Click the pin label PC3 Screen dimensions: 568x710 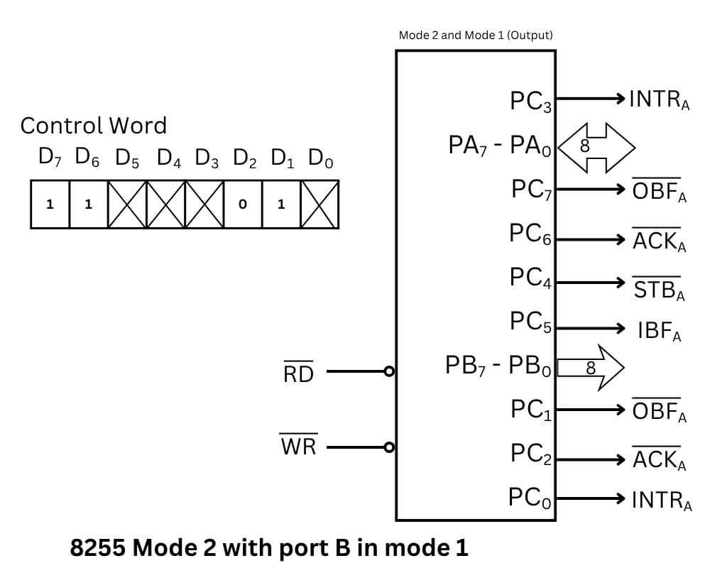pos(530,102)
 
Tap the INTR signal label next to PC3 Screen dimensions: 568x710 pos(659,100)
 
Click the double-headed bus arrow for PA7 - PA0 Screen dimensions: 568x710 pos(596,147)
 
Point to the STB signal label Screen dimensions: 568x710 pos(659,289)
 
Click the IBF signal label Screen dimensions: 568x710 pos(659,332)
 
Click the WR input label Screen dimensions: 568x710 pos(298,447)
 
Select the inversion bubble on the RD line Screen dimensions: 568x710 pos(388,371)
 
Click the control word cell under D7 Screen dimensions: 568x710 pos(50,204)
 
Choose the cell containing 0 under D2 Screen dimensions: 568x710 pos(243,204)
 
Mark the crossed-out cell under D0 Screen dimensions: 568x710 pos(319,204)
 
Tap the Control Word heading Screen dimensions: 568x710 pos(93,126)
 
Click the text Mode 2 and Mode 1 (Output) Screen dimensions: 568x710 pos(475,35)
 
